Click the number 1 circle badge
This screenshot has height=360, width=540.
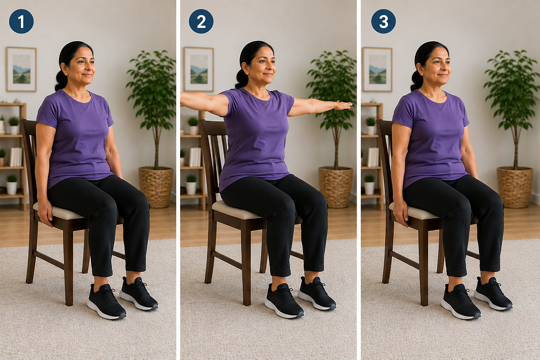coord(21,22)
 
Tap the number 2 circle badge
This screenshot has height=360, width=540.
coord(201,22)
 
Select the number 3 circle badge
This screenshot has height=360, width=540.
coord(384,22)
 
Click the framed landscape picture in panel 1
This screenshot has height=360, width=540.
coord(21,69)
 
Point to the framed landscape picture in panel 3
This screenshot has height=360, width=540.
coord(377,69)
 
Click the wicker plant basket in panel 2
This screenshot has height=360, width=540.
coord(336,187)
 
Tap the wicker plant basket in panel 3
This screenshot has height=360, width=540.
coord(515,187)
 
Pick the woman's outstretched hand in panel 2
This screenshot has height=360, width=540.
coord(343,105)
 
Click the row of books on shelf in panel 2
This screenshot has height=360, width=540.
coord(195,157)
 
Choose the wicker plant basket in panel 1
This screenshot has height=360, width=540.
coord(156,187)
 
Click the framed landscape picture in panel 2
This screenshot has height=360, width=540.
coord(199,69)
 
